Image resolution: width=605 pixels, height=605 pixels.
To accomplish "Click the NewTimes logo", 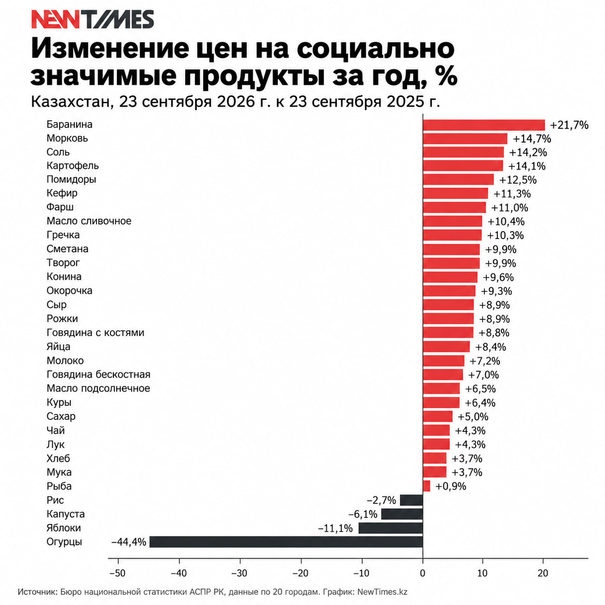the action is point(93,19).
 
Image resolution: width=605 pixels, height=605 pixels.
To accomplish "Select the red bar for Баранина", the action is point(484,125).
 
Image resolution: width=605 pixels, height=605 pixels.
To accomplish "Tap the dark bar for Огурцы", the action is point(286,542).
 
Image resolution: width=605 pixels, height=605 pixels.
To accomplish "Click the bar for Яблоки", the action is point(391,528).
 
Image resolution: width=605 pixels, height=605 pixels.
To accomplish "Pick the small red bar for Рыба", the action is point(426,486).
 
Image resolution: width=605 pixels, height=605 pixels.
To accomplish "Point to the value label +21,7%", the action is point(569,125).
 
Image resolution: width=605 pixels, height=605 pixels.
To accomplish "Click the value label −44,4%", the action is point(129,542).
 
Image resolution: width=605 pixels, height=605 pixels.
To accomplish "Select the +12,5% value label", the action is point(518,180).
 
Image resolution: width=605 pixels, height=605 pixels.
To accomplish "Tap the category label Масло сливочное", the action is point(89,220).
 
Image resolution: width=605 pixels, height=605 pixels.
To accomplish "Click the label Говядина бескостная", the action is point(98,374).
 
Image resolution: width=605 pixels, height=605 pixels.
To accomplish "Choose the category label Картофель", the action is point(72,165).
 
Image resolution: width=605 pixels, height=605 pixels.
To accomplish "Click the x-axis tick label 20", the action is point(543,573).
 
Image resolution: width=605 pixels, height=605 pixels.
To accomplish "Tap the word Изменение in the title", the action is point(110,49).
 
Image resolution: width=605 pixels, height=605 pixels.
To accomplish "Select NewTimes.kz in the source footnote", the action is point(382,592).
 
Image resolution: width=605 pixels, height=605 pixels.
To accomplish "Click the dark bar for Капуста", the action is point(402,514).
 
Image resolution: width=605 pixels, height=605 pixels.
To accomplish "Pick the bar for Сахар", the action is point(438,416).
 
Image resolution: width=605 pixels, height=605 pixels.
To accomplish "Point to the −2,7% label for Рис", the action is point(381,500).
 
